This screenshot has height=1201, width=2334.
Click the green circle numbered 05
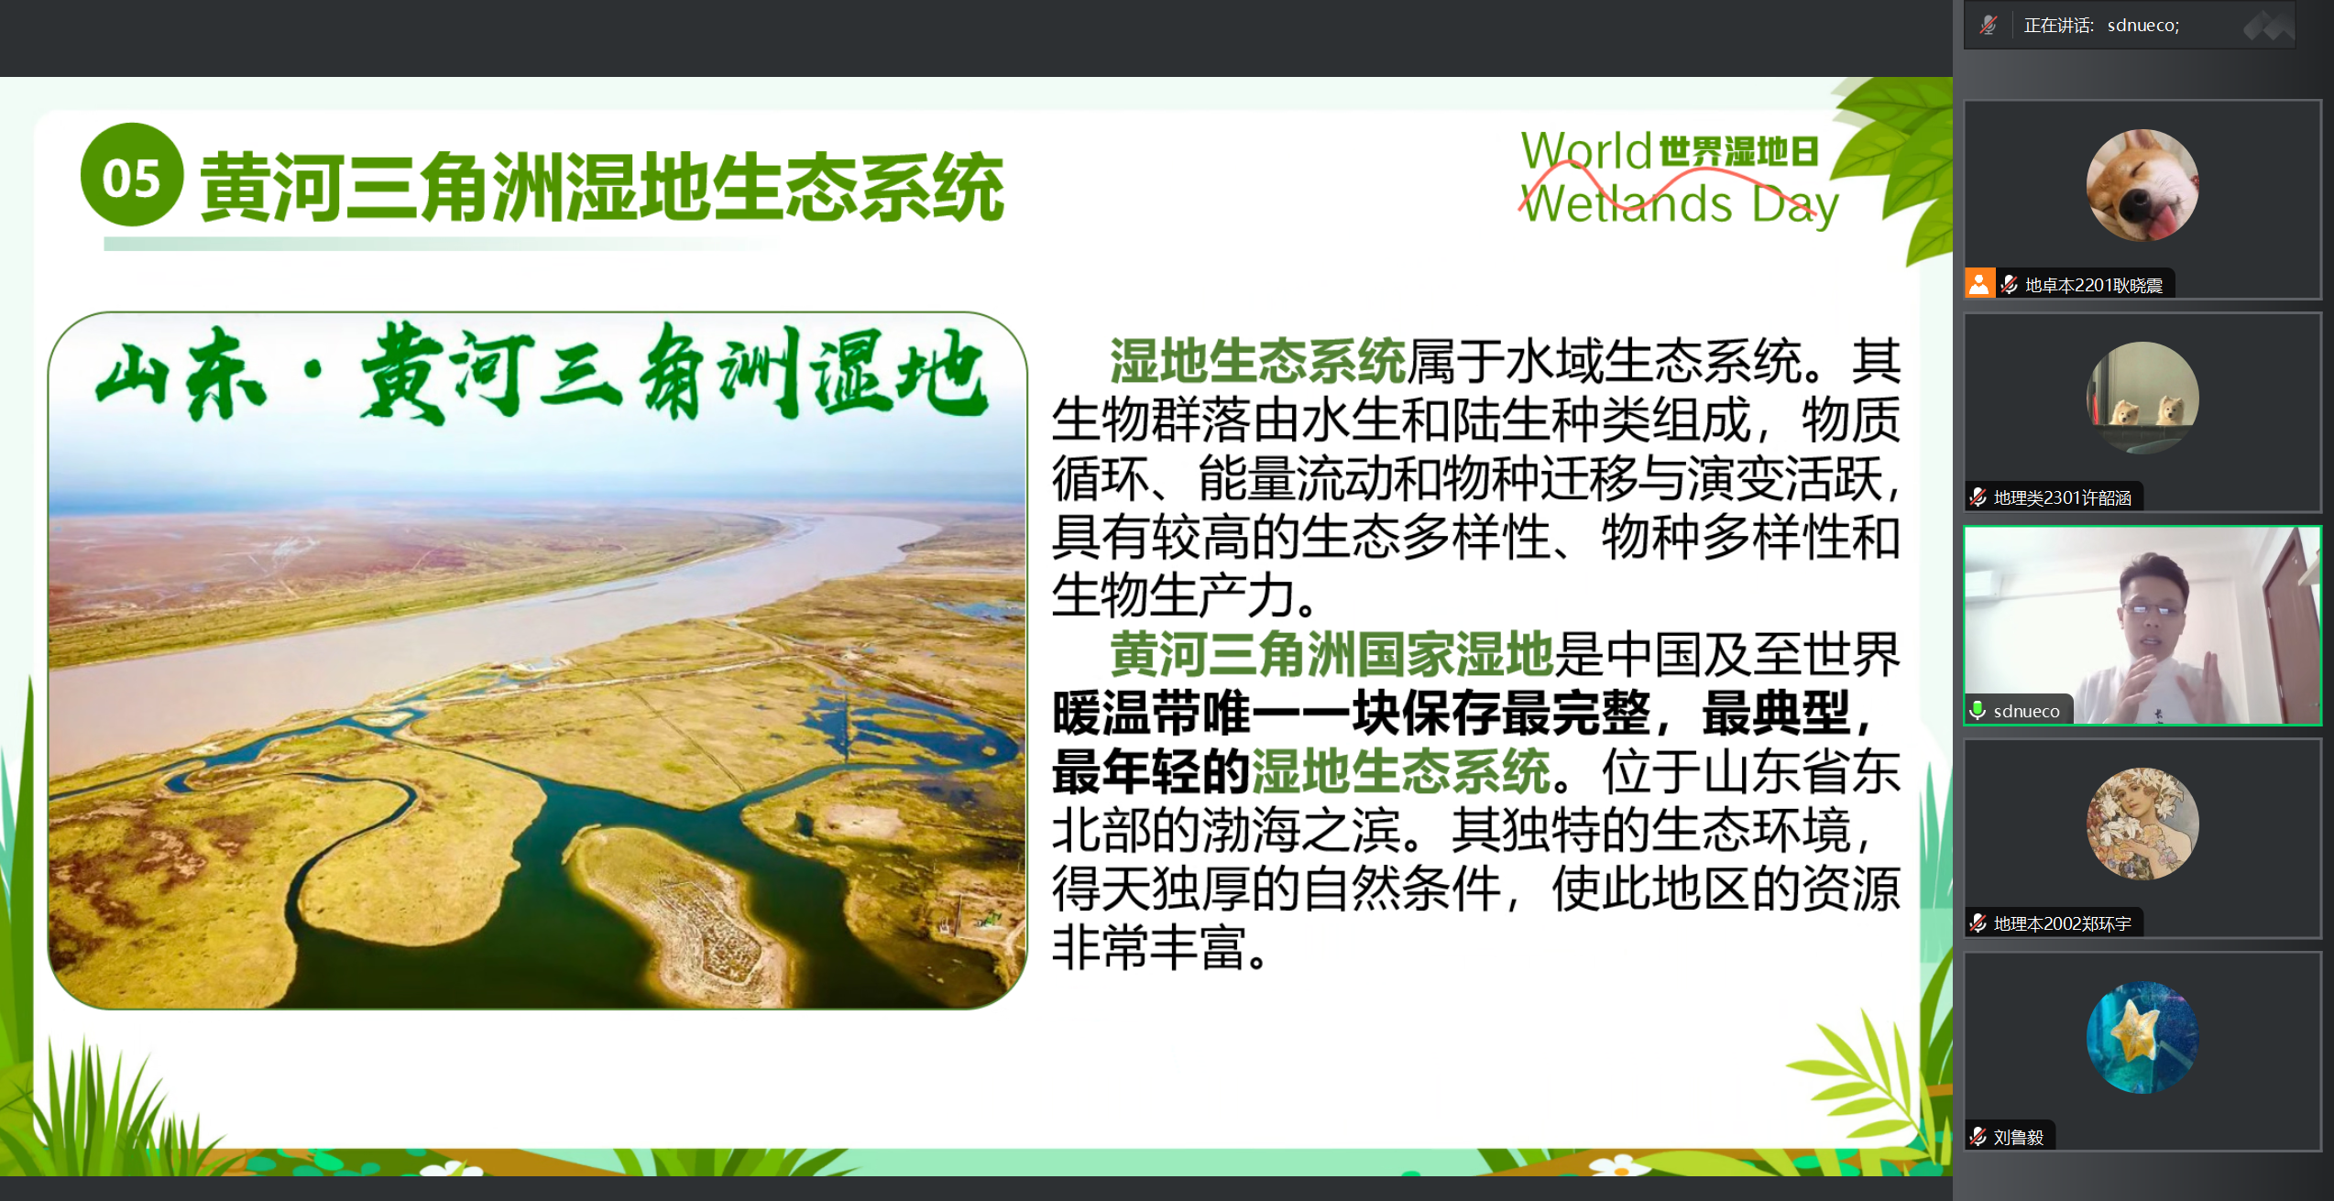tap(132, 175)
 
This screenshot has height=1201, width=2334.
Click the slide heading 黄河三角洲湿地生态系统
tap(602, 188)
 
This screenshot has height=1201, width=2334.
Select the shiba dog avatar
tap(2142, 185)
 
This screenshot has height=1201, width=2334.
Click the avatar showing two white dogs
tap(2142, 398)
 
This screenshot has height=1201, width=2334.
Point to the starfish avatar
tap(2142, 1037)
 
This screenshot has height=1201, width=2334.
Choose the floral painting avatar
tap(2142, 824)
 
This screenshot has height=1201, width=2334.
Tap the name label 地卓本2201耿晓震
tap(2093, 286)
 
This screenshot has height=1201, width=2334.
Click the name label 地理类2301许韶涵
tap(2062, 498)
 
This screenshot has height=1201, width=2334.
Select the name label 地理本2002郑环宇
tap(2062, 924)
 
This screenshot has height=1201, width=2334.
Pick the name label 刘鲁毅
tap(2019, 1137)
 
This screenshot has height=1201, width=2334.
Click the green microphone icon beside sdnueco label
tap(1978, 711)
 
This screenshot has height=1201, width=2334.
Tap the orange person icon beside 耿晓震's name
tap(1979, 284)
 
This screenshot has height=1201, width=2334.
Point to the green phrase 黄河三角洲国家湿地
tap(1331, 654)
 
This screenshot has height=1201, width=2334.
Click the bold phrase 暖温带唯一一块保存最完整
tap(1351, 713)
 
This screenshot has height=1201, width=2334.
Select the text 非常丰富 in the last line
tap(1149, 946)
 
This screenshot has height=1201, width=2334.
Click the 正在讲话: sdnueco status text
tap(2101, 25)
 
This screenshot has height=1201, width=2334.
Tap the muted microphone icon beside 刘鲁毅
tap(1978, 1137)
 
